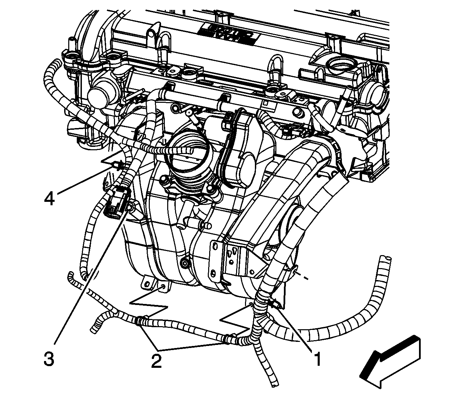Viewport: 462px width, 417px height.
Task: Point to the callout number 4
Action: [49, 198]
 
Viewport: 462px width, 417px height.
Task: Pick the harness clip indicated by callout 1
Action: [273, 303]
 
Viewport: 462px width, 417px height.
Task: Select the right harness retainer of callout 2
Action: [227, 339]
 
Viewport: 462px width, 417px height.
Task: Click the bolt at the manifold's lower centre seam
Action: [185, 263]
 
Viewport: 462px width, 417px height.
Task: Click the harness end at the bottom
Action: [274, 384]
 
